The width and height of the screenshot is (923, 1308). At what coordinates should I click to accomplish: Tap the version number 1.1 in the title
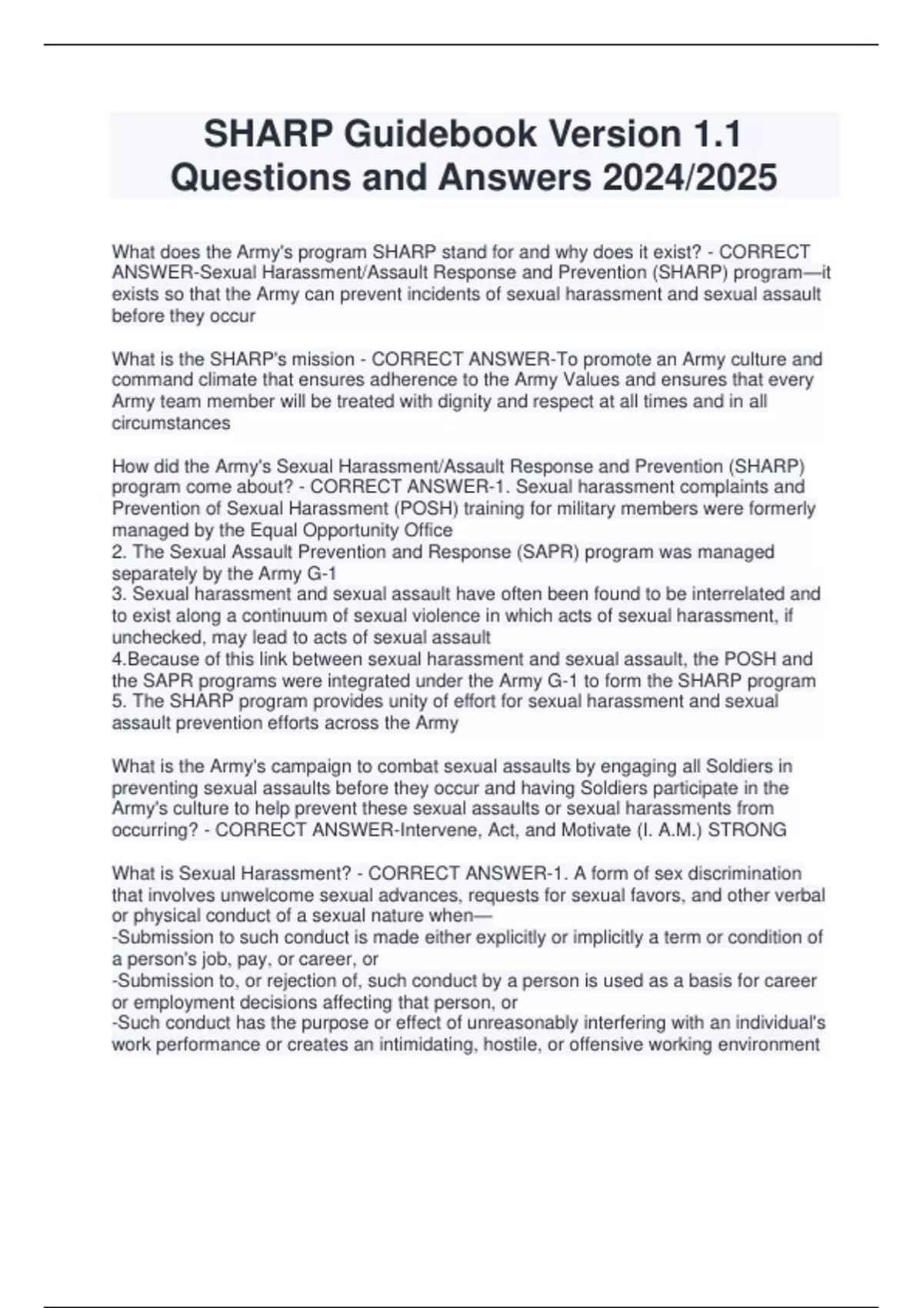713,135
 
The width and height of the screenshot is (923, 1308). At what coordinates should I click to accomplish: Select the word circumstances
171,423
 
